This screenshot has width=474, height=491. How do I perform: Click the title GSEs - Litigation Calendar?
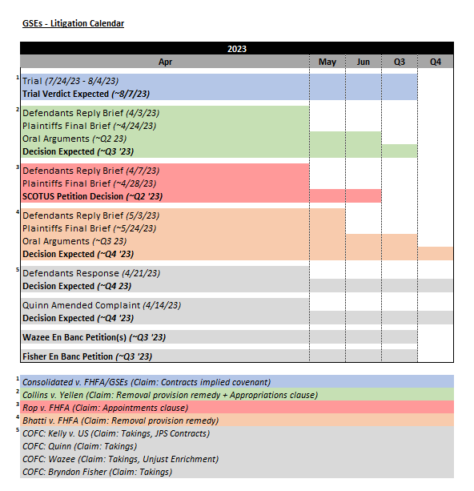click(72, 23)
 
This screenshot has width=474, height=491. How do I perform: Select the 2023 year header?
click(236, 49)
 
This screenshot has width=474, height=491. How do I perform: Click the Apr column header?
click(165, 62)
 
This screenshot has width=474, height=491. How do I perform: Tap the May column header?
click(327, 62)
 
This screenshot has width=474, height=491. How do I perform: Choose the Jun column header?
click(363, 62)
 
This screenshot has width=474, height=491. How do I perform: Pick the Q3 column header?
click(399, 62)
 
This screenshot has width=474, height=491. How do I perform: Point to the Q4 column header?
click(435, 62)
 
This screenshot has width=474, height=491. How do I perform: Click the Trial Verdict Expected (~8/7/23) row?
click(86, 94)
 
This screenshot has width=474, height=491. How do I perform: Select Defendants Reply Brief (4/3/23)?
click(90, 113)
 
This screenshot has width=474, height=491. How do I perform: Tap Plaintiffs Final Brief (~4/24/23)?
click(89, 126)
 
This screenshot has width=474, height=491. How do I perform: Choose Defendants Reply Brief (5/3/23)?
click(90, 215)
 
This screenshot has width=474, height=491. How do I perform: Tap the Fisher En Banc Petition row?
click(87, 356)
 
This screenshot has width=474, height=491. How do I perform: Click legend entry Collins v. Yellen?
click(169, 395)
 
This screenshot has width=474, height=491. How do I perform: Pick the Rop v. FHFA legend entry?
click(105, 408)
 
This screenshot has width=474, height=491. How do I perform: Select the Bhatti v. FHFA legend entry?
click(120, 421)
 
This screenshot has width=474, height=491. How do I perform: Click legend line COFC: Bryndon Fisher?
click(97, 472)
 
